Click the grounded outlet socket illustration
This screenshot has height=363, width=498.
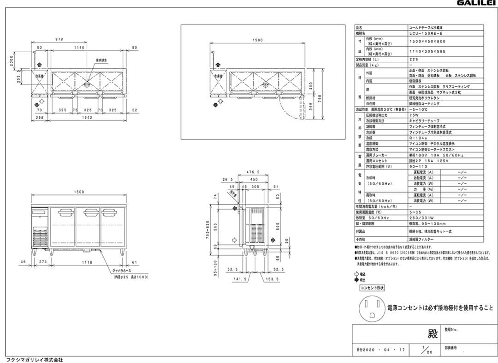372,308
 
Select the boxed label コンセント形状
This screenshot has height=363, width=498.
372,287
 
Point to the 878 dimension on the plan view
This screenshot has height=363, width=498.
59,40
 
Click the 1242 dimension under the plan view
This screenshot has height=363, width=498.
87,118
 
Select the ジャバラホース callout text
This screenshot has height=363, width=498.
123,272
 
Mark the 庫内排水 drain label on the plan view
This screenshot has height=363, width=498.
102,60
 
